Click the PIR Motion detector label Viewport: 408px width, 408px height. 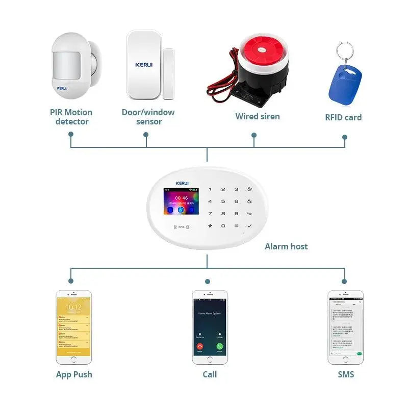71,117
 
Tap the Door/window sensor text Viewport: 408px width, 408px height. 148,117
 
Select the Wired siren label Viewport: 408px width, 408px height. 258,116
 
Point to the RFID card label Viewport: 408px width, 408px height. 343,117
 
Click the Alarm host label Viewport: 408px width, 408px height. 286,246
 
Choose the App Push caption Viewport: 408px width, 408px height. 74,374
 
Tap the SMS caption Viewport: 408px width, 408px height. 345,374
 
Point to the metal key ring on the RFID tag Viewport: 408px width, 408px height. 345,50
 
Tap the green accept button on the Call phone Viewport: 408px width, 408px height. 220,346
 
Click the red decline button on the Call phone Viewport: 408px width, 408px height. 199,346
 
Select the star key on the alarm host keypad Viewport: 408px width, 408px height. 210,225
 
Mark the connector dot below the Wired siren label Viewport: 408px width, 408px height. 254,135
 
